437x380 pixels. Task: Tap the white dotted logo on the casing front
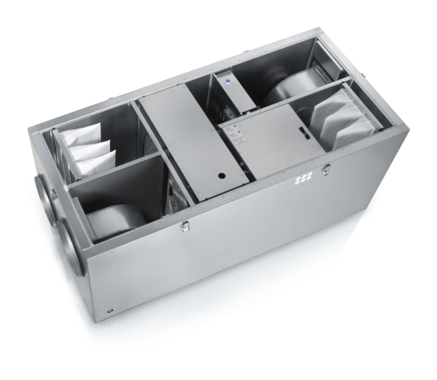coord(301,182)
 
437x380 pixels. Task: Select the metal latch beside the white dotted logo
coord(326,170)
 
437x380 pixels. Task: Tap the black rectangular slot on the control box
coord(303,135)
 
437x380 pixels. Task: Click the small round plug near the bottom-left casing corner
coord(109,312)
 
